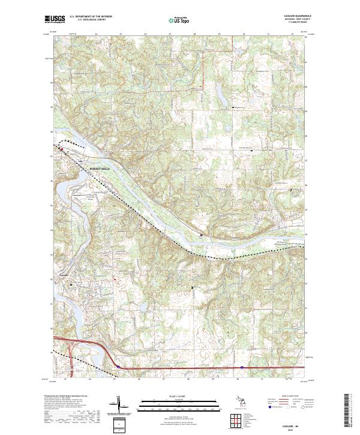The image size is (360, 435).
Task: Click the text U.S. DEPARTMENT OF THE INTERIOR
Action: pos(91,16)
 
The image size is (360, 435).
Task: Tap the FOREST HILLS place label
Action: pos(100,169)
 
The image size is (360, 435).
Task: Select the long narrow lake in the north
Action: pos(220,95)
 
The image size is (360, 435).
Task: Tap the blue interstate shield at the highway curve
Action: pos(119,367)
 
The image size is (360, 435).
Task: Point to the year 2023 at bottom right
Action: pos(292,429)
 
